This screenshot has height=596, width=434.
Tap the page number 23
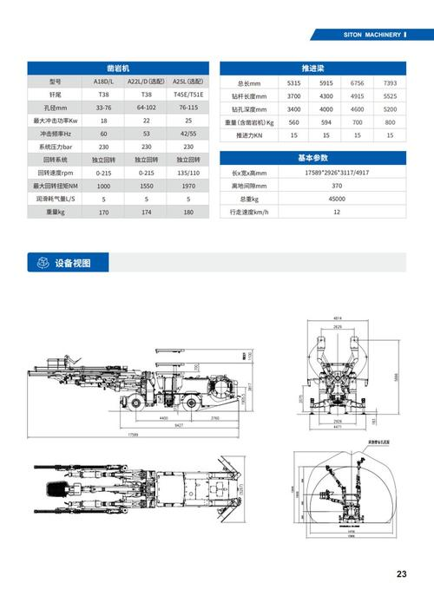pos(401,573)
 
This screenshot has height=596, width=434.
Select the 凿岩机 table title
pos(118,67)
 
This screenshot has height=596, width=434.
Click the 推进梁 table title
pos(312,67)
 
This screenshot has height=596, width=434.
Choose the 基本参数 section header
pos(312,158)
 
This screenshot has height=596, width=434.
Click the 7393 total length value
pos(390,82)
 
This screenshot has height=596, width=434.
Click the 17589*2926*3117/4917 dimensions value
pos(336,173)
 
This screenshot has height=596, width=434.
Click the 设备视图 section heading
pos(72,263)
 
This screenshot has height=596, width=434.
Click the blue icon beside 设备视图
pos(39,263)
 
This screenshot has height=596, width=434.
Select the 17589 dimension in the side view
pos(134,434)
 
